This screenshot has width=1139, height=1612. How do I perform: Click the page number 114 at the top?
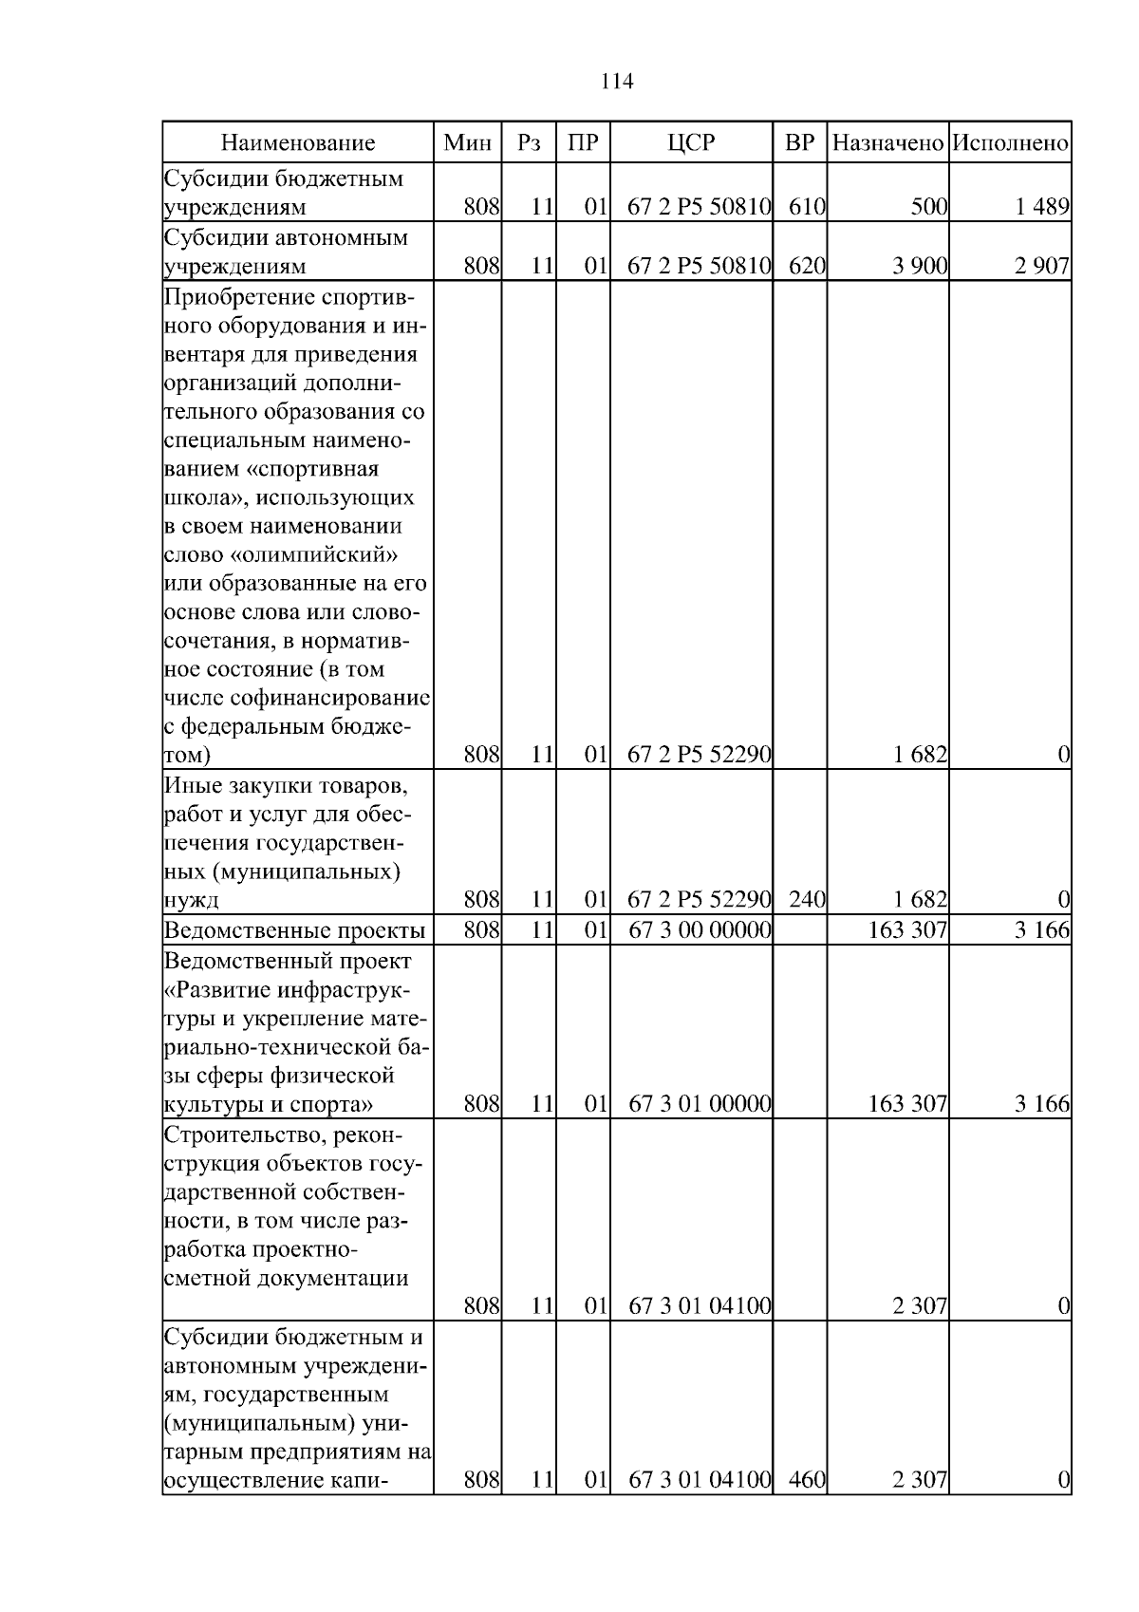pos(617,81)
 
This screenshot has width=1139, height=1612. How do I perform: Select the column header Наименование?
pos(298,143)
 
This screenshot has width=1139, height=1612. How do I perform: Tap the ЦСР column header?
pos(691,143)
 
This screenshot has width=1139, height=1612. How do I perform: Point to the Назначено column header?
pos(888,143)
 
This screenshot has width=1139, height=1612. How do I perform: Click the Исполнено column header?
pos(1011,143)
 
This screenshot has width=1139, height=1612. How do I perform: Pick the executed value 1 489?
pos(1042,207)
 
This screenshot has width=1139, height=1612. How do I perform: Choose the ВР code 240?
pos(807,899)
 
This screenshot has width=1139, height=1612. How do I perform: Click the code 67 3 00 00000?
pos(700,929)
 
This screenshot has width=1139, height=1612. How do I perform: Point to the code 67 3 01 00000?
pos(700,1103)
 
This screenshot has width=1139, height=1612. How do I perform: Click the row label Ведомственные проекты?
pos(294,929)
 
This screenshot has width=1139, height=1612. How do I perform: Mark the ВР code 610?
pos(807,207)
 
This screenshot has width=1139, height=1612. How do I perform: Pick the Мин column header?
pos(468,143)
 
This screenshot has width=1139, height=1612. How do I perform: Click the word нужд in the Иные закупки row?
pos(192,900)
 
